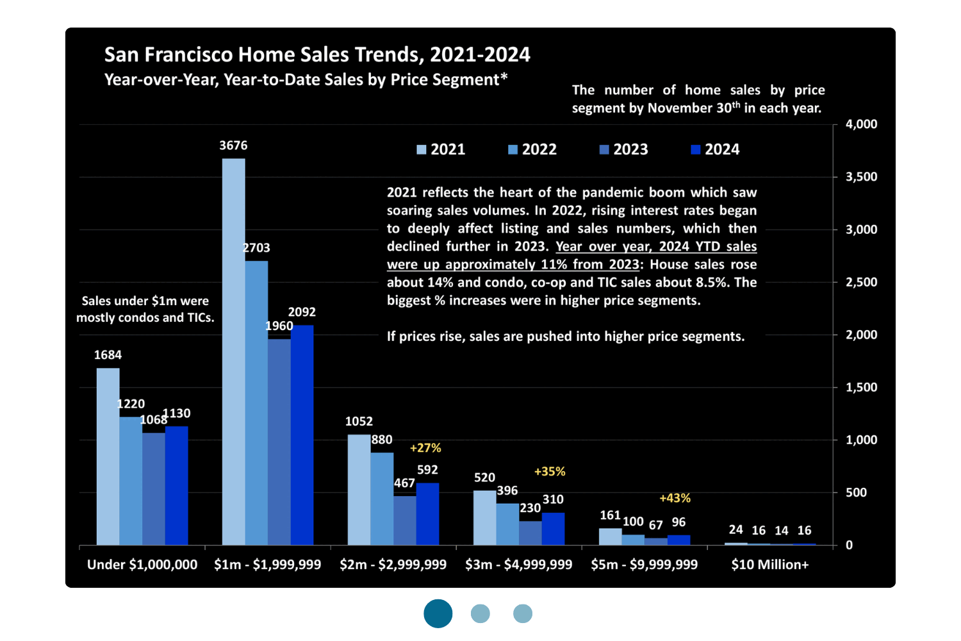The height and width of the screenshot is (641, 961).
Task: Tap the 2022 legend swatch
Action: (513, 150)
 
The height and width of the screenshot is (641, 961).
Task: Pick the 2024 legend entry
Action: (715, 149)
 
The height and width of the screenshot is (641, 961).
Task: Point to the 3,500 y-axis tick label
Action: (861, 177)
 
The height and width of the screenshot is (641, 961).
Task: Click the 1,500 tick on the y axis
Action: (861, 387)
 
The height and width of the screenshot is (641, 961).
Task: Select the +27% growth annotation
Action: (425, 448)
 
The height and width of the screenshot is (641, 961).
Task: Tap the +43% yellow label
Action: (675, 498)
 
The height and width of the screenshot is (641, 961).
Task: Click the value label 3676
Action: (233, 146)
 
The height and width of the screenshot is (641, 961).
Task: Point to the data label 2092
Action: (302, 312)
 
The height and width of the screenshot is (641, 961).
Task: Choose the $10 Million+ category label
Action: (769, 565)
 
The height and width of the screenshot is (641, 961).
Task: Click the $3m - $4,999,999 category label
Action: (518, 565)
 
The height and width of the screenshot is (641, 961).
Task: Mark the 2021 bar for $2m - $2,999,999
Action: (359, 490)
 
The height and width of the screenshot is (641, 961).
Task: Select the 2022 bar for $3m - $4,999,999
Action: (507, 524)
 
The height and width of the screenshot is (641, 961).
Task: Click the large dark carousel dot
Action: (438, 613)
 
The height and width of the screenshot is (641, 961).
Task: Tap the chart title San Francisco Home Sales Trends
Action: (317, 55)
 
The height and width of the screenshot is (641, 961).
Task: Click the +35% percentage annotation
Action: (550, 472)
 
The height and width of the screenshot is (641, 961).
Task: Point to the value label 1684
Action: (108, 355)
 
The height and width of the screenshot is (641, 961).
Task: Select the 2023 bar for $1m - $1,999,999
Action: (279, 442)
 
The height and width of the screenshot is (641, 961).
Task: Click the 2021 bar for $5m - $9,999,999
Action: (610, 537)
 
